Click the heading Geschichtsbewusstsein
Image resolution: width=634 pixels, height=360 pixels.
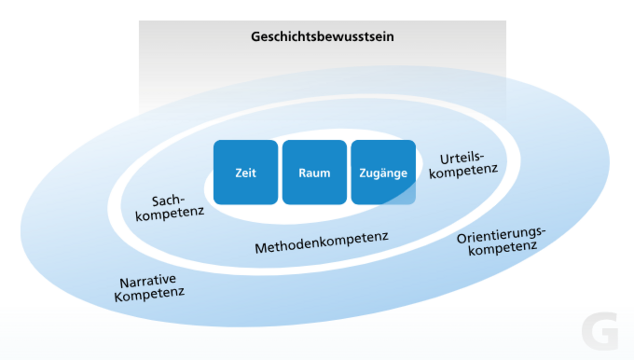[x=322, y=37]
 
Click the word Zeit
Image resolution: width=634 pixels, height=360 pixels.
[x=245, y=173]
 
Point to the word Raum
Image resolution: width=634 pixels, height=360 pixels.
[x=314, y=173]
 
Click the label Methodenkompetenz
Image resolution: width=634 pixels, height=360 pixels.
[x=322, y=242]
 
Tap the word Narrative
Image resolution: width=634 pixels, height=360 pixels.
[x=148, y=281]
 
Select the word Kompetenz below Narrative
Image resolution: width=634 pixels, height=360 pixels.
[x=149, y=294]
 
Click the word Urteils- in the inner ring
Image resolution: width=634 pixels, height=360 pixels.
[x=462, y=158]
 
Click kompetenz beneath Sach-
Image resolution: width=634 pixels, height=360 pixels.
[x=169, y=214]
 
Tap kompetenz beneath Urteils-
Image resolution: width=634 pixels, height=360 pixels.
[x=463, y=171]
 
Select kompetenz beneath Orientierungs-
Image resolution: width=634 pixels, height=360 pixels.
[x=503, y=248]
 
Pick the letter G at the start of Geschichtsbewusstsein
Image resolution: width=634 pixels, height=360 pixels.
[x=255, y=37]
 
